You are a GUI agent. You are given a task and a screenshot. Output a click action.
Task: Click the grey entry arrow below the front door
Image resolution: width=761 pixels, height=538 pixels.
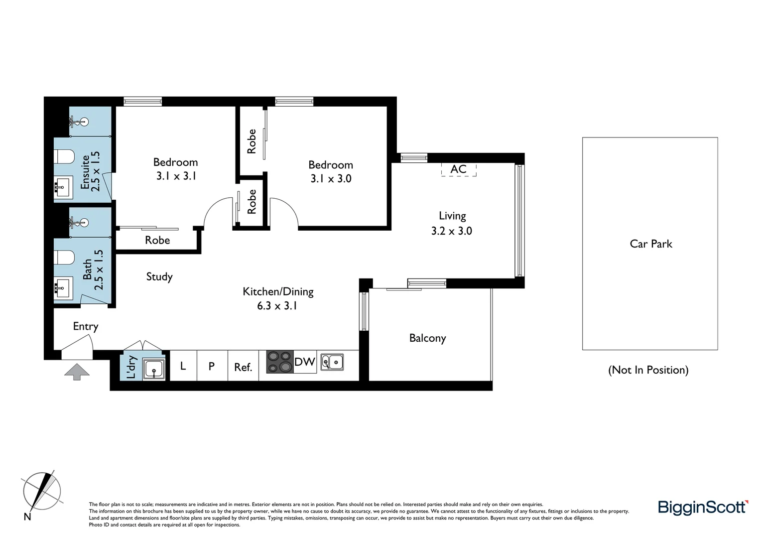tap(77, 372)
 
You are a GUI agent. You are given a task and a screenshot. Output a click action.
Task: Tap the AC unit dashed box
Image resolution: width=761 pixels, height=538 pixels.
tap(459, 169)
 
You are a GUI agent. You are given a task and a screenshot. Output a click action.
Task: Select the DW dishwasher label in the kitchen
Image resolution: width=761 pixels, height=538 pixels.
tap(305, 362)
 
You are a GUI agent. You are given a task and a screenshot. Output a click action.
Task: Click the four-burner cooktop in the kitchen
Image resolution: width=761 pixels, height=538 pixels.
tap(279, 362)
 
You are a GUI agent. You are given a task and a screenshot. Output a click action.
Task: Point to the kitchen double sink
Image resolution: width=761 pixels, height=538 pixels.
tap(332, 362)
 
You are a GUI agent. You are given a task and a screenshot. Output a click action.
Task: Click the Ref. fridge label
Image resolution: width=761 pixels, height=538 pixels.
tap(243, 367)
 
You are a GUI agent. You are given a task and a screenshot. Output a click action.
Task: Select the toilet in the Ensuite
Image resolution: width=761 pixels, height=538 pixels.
tap(63, 157)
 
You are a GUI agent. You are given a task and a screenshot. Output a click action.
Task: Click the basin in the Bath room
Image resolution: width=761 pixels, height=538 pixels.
tap(62, 286)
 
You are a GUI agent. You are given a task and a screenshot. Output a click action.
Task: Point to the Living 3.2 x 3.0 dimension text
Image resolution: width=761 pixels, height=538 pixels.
tap(452, 231)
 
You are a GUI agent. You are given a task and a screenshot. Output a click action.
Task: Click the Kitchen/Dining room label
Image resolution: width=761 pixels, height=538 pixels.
tap(278, 291)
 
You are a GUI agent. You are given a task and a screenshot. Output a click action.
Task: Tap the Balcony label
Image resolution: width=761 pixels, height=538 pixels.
tap(427, 338)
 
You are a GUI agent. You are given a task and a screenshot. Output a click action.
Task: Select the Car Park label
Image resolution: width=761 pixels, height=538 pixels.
tap(650, 244)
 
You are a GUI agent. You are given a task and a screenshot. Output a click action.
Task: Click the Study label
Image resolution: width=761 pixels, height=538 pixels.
tap(159, 276)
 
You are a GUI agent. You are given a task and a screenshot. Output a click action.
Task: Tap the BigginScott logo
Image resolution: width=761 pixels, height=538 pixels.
tap(702, 507)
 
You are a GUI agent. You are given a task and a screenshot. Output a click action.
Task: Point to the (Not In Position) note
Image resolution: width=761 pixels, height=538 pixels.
tap(648, 370)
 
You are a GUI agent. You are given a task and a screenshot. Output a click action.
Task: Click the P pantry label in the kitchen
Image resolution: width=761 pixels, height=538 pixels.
tap(212, 366)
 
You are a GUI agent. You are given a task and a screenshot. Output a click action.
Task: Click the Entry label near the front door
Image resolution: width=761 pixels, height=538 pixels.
tap(86, 326)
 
